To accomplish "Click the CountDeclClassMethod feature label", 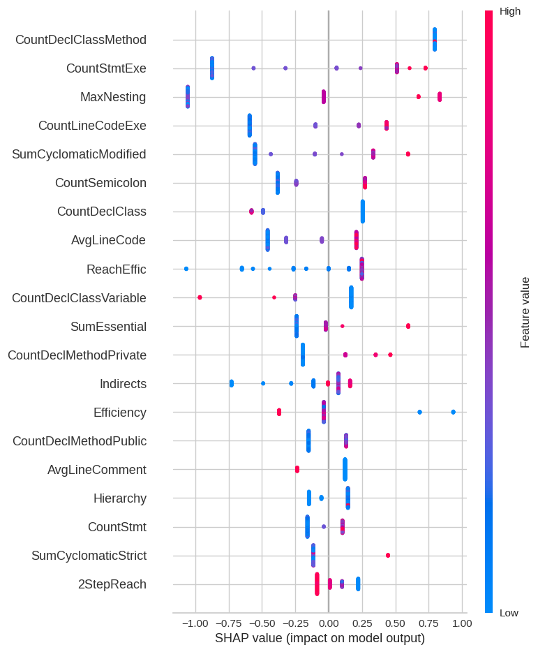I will point(81,40).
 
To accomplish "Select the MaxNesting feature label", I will point(113,97).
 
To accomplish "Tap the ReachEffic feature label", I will point(117,269).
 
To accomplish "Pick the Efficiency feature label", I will point(120,413).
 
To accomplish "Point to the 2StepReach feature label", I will point(112,584).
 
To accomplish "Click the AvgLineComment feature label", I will point(97,470).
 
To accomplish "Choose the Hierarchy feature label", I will point(120,498).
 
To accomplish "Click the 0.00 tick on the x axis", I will point(329,623).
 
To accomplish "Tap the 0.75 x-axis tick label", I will point(429,623).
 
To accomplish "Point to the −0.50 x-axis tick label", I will point(262,623).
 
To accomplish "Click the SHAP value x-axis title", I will point(320,638).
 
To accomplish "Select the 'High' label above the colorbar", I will point(510,11).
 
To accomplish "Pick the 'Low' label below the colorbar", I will point(509,613).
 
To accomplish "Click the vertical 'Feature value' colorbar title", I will point(525,312).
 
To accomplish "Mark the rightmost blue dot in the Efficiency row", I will point(454,412).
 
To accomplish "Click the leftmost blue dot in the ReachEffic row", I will point(186,269).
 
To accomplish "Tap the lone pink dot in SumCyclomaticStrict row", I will point(388,555).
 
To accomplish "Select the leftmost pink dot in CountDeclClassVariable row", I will point(200,297).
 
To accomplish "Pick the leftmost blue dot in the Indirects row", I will point(232,383).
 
